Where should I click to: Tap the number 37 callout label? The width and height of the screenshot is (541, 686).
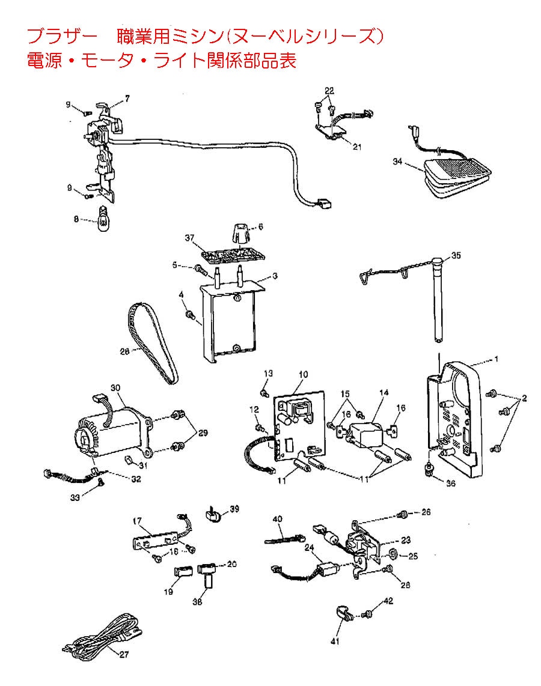pos(191,239)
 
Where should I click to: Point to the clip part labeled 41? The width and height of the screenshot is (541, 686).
pos(343,616)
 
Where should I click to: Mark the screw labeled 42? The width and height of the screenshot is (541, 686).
pos(367,615)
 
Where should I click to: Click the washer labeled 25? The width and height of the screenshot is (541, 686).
pos(391,553)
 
